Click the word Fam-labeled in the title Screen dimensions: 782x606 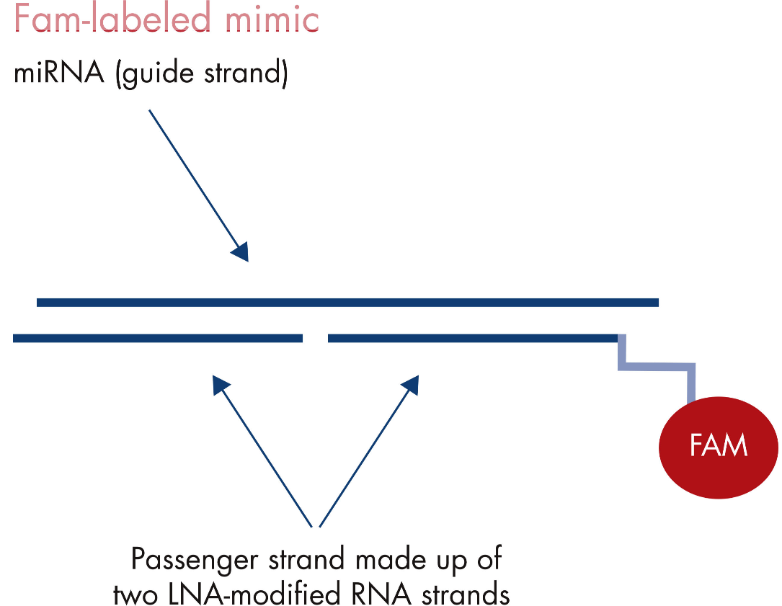112,18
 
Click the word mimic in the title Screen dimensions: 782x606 272,18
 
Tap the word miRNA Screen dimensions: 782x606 59,73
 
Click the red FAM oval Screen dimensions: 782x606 718,447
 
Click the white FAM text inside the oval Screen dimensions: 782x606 718,445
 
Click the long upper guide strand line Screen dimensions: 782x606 347,302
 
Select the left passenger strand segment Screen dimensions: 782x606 158,338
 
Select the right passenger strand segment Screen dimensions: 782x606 473,338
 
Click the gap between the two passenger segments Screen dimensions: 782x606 315,338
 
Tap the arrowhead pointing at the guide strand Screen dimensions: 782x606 241,251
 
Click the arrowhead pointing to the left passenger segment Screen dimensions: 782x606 221,385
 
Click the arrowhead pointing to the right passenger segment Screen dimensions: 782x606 410,385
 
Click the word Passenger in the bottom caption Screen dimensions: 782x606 195,560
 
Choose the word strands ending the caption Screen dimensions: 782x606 466,594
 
